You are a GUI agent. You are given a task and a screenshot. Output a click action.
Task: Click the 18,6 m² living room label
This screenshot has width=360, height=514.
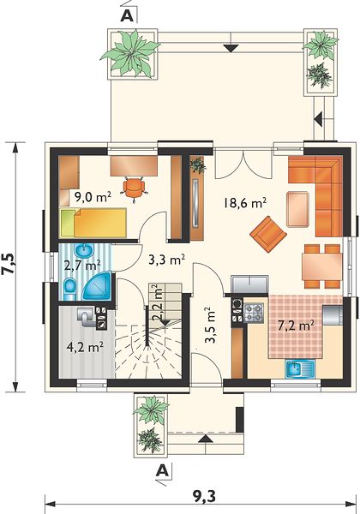tap(244, 202)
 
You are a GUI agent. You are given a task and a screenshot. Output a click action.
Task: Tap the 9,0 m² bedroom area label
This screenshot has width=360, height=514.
tap(93, 197)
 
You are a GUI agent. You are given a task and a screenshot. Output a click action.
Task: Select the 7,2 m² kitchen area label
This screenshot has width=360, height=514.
tap(296, 326)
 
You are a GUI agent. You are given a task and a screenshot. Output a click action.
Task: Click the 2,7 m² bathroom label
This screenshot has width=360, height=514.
tap(82, 266)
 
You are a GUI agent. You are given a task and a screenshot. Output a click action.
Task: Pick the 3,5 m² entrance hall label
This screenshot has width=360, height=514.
tap(210, 325)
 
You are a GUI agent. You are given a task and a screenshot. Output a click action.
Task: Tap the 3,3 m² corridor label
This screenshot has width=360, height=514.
tap(166, 260)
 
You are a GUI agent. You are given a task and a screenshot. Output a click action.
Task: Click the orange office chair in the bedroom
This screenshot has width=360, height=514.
tap(134, 187)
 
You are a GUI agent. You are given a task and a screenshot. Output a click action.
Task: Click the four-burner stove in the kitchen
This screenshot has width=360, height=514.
tap(254, 313)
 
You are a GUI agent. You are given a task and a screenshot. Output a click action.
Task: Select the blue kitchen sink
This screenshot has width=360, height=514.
tap(300, 368)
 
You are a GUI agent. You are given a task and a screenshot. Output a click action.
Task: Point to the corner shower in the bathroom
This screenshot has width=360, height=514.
tap(97, 287)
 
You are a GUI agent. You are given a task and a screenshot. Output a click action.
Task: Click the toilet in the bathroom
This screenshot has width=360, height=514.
tap(69, 289)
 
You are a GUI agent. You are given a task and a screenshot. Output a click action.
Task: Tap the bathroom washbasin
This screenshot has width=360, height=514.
tap(84, 251)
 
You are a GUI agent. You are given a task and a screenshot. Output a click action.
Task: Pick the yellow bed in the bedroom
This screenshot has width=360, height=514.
tap(93, 222)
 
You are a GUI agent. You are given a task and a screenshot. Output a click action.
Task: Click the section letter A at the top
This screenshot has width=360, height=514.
tap(128, 15)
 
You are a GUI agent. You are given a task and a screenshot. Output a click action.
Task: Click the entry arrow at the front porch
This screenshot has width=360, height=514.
tap(206, 439)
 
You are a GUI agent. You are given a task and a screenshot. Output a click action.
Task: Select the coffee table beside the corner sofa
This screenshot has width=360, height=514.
tap(297, 210)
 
